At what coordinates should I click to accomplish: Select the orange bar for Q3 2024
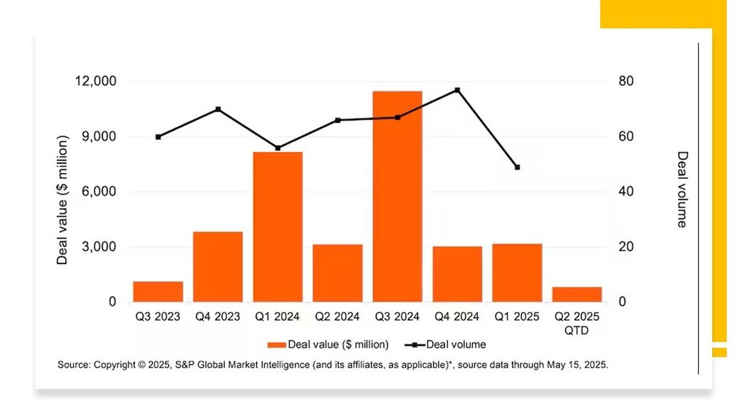pos(397,196)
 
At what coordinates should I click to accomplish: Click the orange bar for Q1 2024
pos(278,227)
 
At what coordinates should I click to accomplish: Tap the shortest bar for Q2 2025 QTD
pos(576,294)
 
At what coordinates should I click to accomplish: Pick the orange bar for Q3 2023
pos(158,291)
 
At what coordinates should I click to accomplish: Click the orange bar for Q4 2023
pos(218,266)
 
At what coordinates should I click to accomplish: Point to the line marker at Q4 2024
pos(457,90)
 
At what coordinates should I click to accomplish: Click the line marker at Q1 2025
pos(517,167)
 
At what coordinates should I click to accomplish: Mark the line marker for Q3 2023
pos(158,137)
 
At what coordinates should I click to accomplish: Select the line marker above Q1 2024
pos(278,148)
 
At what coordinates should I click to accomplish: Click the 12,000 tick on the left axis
pos(95,81)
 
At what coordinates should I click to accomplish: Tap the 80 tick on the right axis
pos(626,81)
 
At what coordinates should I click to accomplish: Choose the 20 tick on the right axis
pos(626,247)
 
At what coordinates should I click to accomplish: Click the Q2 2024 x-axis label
pos(337,316)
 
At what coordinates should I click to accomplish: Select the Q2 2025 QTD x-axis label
pos(576,323)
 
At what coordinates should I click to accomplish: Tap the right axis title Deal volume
pos(682,189)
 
